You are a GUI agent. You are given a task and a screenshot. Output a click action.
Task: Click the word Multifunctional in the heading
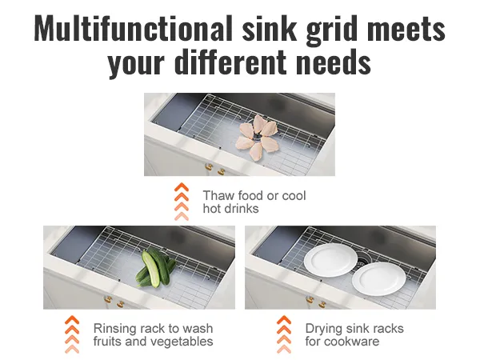point(133,28)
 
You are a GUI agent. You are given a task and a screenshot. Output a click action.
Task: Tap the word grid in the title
point(332,30)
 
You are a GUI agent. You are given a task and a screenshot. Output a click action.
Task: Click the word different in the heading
point(231,62)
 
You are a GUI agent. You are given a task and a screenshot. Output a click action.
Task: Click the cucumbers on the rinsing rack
point(155,267)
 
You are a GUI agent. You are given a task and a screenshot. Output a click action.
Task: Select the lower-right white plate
point(379,278)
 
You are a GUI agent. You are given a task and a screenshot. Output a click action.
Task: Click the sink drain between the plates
point(363,262)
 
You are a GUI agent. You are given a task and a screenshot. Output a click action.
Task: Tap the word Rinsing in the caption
point(114,329)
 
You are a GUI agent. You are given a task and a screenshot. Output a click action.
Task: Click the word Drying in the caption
point(325,329)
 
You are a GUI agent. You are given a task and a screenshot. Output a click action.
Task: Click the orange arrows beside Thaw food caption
point(182,202)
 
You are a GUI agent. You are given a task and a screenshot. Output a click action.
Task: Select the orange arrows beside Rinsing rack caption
point(72,334)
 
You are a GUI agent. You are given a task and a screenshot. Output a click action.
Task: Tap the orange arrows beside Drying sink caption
point(284,334)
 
